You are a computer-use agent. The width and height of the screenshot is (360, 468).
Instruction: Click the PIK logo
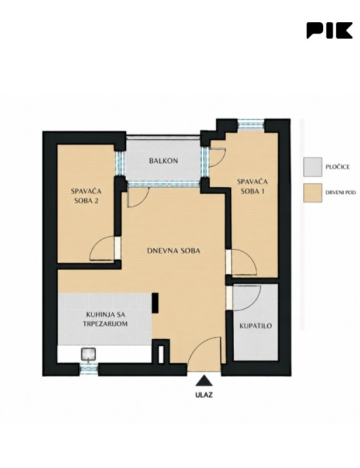[x=329, y=30]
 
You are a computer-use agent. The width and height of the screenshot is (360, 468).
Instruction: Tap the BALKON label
[x=164, y=160]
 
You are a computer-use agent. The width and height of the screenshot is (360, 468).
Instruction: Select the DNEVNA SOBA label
[x=174, y=251]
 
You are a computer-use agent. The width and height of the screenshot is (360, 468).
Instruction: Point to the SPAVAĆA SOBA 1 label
[x=252, y=186]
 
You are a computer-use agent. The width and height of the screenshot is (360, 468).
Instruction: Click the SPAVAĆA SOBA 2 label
[x=86, y=196]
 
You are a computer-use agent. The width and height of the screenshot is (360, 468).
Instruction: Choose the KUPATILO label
[x=256, y=326]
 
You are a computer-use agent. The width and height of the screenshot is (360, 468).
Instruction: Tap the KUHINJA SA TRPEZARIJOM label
[x=105, y=319]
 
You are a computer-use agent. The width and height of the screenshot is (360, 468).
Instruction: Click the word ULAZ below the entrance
[x=204, y=395]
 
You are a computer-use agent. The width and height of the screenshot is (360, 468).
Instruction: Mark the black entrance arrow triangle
[x=204, y=381]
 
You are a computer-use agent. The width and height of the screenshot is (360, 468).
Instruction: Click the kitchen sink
[x=88, y=354]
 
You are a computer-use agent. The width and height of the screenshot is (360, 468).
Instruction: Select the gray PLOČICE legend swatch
[x=313, y=167]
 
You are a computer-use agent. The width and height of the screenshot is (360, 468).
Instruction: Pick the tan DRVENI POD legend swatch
[x=313, y=193]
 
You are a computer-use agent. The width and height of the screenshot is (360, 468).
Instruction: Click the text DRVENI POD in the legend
[x=341, y=192]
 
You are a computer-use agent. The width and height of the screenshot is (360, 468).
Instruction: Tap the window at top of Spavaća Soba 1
[x=251, y=125]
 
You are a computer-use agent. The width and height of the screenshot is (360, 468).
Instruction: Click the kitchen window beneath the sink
[x=89, y=369]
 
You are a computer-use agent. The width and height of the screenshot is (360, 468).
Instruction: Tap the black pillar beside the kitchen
[x=155, y=303]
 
